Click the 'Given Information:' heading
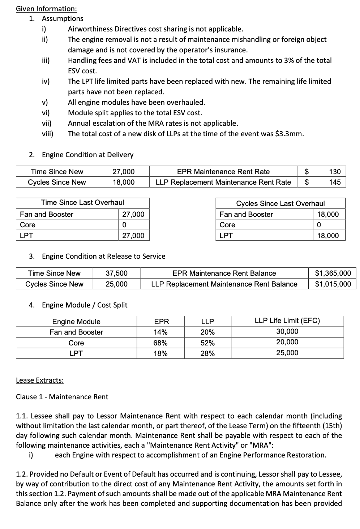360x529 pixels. pyautogui.click(x=46, y=9)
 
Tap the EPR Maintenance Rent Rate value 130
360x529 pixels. pyautogui.click(x=335, y=172)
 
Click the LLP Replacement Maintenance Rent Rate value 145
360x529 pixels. pyautogui.click(x=335, y=182)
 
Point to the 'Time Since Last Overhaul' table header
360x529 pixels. pyautogui.click(x=82, y=202)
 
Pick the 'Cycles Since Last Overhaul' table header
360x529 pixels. pyautogui.click(x=280, y=203)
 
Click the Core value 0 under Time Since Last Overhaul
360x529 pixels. pyautogui.click(x=124, y=225)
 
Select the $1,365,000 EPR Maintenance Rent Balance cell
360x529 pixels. pyautogui.click(x=333, y=273)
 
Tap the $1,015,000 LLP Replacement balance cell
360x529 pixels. pyautogui.click(x=333, y=284)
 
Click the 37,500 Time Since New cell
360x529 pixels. pyautogui.click(x=116, y=273)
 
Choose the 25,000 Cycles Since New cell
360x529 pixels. pyautogui.click(x=116, y=284)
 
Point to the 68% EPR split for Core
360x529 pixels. pyautogui.click(x=160, y=343)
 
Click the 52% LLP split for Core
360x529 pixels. pyautogui.click(x=207, y=343)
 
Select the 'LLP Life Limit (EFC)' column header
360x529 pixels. pyautogui.click(x=287, y=321)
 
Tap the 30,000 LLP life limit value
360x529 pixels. pyautogui.click(x=287, y=331)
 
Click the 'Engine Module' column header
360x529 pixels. pyautogui.click(x=76, y=322)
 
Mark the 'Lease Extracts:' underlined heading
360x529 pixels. pyautogui.click(x=40, y=380)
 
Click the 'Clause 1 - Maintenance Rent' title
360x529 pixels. pyautogui.click(x=62, y=397)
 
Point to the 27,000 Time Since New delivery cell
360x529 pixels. pyautogui.click(x=123, y=172)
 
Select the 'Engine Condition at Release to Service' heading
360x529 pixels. pyautogui.click(x=103, y=256)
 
